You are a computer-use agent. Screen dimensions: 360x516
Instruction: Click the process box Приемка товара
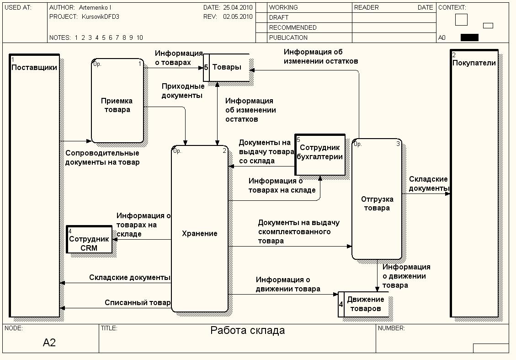pos(117,101)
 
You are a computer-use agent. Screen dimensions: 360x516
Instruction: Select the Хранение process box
pos(200,229)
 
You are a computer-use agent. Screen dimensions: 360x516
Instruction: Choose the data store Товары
pos(227,67)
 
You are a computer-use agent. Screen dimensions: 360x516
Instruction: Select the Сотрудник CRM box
pos(89,239)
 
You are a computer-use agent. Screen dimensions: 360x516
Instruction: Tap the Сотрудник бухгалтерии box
pos(319,154)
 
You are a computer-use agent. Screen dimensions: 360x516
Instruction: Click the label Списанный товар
pos(137,302)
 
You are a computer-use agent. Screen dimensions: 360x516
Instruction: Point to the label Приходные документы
pos(183,91)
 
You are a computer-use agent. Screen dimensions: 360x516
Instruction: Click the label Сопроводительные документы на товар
pos(102,157)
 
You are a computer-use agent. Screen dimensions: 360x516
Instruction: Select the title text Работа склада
pos(247,330)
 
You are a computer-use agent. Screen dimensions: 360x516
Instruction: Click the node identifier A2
pos(49,343)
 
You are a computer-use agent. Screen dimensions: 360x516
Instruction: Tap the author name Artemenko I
pos(95,8)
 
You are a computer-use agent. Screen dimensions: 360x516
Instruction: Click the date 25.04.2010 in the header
pos(238,8)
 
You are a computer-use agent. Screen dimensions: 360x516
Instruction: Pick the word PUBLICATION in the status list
pos(288,38)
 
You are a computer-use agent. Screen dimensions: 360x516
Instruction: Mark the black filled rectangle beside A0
pos(469,38)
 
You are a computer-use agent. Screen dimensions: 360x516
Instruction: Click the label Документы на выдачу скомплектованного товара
pos(298,231)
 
